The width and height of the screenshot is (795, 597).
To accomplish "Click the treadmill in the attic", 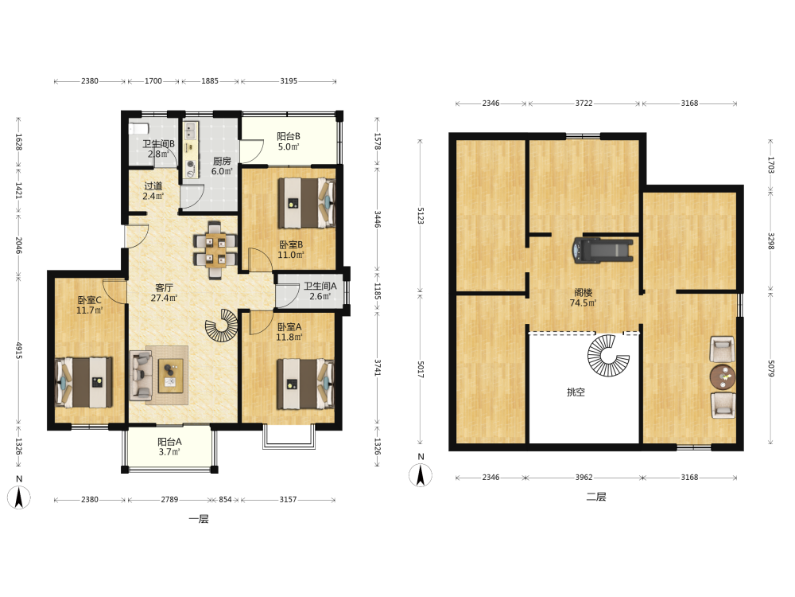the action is (x=603, y=250).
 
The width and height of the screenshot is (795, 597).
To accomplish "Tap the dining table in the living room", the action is (x=215, y=250).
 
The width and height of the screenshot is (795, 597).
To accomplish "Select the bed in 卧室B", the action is (x=306, y=202).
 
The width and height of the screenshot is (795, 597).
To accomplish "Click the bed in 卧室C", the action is (x=83, y=382).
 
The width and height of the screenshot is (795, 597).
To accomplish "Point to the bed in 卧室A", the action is (x=305, y=384).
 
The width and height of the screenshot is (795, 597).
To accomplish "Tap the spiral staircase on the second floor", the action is (x=608, y=355).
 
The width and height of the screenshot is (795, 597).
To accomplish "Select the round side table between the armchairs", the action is (x=723, y=377).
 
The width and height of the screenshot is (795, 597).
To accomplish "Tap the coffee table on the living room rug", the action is (x=171, y=376).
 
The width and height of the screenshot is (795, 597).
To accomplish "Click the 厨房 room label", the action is (x=222, y=161).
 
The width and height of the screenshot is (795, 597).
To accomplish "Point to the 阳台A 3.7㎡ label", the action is (x=169, y=447).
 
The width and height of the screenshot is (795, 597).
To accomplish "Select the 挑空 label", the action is (x=576, y=392).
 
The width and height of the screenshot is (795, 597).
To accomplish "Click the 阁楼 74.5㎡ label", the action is (x=583, y=298).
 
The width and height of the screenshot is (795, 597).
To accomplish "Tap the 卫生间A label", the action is (x=320, y=286).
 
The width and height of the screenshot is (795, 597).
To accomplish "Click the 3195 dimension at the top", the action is (x=289, y=80).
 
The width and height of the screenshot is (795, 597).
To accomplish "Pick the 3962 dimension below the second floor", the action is (x=584, y=477).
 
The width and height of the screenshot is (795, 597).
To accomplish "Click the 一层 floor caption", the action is (x=198, y=519).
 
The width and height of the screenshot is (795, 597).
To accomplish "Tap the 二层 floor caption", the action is (x=596, y=497).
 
